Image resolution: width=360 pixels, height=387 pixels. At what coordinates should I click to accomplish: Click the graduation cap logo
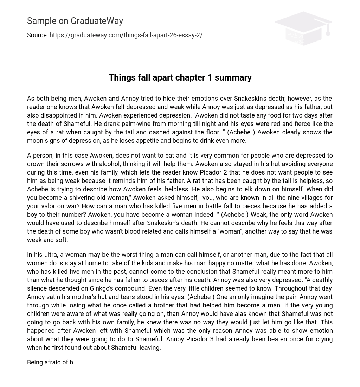click(303, 28)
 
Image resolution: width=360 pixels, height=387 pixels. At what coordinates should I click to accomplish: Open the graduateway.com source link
click(126, 35)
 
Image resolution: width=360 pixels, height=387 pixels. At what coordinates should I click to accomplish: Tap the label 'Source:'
click(38, 35)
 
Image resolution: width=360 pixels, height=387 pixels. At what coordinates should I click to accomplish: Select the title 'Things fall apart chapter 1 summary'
click(180, 77)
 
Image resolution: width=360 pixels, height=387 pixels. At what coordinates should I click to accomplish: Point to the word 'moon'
click(34, 141)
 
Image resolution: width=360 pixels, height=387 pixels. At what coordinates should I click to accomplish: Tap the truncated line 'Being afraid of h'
click(50, 362)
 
